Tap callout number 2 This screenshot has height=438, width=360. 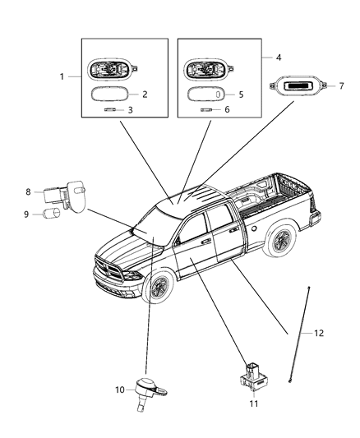click(145, 95)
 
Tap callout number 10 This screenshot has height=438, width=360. click(118, 390)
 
